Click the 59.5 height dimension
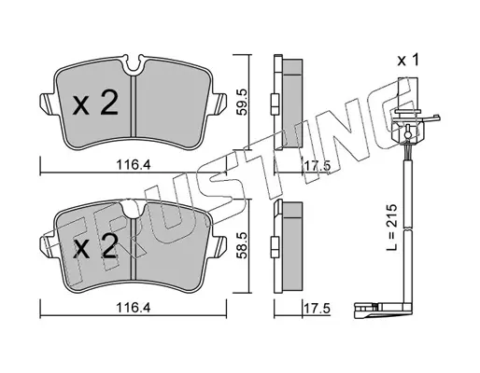click(x=242, y=102)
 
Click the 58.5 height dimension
click(x=242, y=245)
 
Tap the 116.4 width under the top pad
click(x=134, y=164)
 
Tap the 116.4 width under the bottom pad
click(x=134, y=308)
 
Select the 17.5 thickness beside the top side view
click(x=317, y=166)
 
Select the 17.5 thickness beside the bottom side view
click(x=317, y=309)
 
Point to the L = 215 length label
click(x=392, y=228)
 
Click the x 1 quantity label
click(x=408, y=60)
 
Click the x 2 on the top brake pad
click(x=95, y=104)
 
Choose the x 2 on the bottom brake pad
click(x=95, y=246)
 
